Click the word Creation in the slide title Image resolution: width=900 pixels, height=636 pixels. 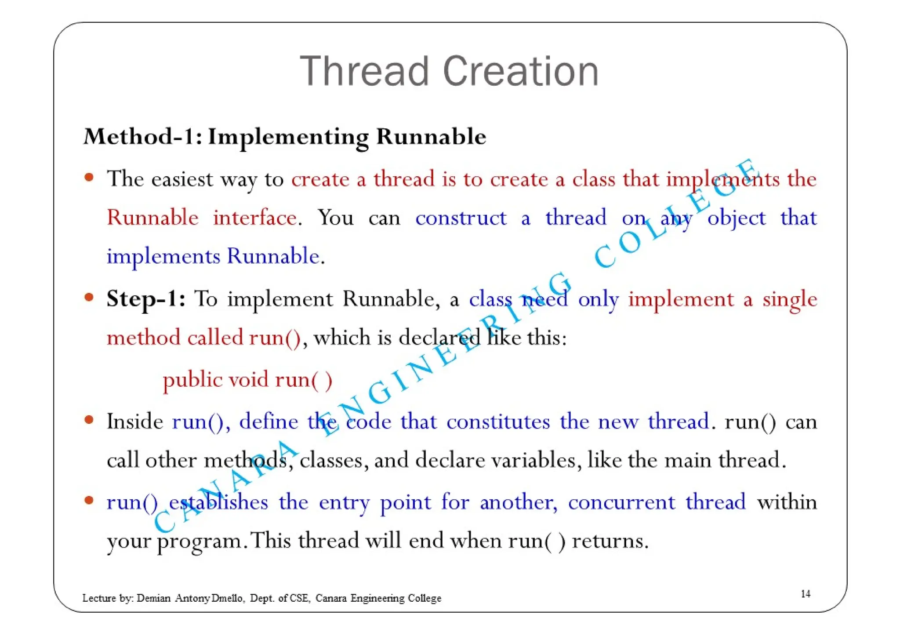coord(521,71)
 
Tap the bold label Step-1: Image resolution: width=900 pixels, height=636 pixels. coord(146,299)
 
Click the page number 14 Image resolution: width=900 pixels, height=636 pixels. coord(806,594)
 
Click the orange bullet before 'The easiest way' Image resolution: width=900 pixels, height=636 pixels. coord(89,178)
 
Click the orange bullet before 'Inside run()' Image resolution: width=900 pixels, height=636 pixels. coord(89,420)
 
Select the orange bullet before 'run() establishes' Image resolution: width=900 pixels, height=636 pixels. coord(89,501)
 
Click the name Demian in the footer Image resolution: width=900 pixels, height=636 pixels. coord(153,598)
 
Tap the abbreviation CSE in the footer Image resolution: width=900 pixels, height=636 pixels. coord(300,598)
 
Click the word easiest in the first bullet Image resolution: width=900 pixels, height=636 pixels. coord(182,179)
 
